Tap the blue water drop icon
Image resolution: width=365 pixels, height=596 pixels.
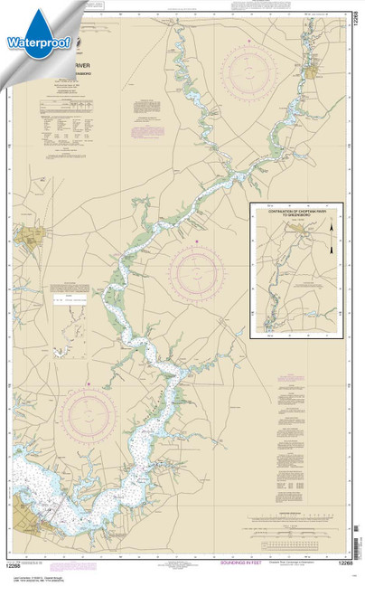(34, 20)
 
